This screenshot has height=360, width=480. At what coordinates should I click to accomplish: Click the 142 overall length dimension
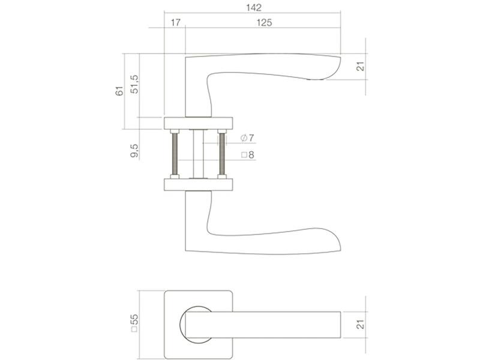click(254, 8)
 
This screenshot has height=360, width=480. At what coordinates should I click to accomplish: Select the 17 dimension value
click(175, 23)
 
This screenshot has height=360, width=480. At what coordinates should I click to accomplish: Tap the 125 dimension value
click(264, 23)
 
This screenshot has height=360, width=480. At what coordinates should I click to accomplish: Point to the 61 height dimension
click(119, 91)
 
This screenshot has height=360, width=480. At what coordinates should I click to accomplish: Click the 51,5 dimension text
click(134, 84)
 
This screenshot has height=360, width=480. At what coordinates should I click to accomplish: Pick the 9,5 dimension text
click(134, 151)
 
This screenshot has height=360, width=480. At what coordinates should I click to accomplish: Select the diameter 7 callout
click(248, 138)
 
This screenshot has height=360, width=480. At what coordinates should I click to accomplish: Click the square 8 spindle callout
click(248, 155)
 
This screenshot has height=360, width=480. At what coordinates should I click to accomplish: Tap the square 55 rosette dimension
click(134, 323)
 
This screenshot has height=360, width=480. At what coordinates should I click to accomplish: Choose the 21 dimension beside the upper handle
click(361, 67)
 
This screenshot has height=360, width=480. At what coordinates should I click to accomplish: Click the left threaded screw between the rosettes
click(175, 154)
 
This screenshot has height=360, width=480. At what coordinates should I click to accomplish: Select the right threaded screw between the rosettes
click(222, 154)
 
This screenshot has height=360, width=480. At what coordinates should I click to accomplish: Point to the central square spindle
click(199, 154)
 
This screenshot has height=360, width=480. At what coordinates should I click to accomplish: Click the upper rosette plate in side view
click(199, 123)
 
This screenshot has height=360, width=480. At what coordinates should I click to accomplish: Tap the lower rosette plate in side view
click(199, 185)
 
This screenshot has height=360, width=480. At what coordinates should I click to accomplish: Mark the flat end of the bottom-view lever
click(340, 325)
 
